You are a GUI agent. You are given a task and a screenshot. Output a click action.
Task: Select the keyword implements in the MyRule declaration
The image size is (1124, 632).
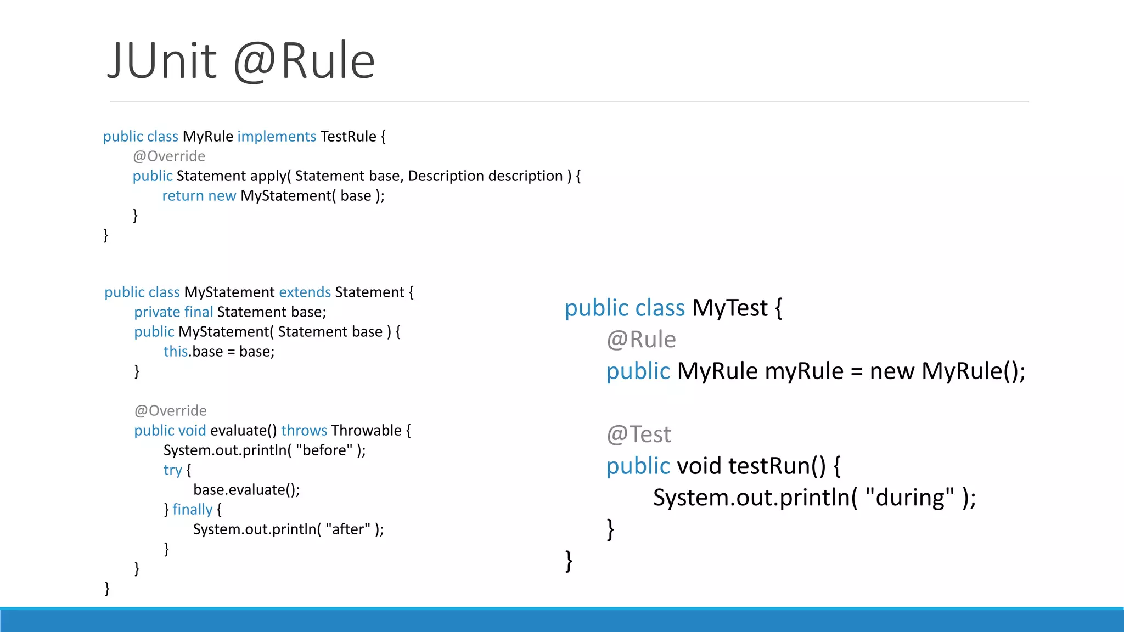(277, 136)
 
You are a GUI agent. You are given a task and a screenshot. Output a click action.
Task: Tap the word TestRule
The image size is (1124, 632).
(349, 136)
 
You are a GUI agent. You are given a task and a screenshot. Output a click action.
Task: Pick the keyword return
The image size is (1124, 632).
(183, 195)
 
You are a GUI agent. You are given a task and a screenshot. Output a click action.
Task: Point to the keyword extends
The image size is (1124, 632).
(305, 292)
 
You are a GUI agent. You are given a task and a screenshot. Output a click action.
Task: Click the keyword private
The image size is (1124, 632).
(157, 312)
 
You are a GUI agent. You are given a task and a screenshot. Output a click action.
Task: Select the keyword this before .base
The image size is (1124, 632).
(176, 351)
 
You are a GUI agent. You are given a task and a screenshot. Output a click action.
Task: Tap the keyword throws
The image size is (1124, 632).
(304, 430)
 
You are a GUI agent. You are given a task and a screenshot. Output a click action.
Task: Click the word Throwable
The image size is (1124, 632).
(367, 430)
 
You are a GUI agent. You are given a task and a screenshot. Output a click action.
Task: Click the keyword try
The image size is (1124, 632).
(172, 470)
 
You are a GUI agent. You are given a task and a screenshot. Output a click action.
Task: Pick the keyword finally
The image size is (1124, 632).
(192, 510)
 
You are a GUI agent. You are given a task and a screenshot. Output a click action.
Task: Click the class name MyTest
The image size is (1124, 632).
(729, 308)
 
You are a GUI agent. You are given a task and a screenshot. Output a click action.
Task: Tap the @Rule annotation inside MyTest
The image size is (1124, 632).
(641, 340)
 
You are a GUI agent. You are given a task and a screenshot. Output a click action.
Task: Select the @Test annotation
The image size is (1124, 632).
(639, 435)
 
